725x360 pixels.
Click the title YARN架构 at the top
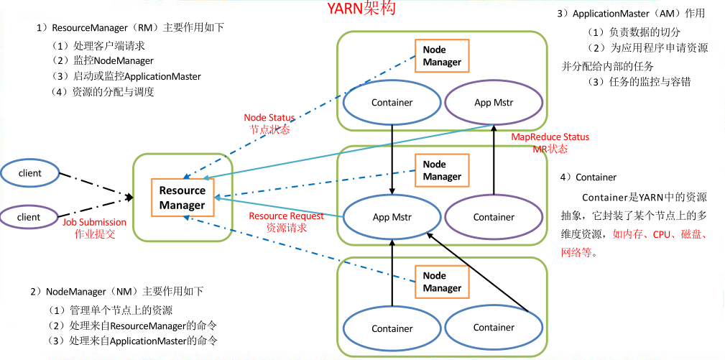tap(361, 9)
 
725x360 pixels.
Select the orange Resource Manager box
tap(183, 198)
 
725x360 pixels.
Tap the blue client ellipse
tap(29, 173)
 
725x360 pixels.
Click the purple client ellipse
tap(29, 216)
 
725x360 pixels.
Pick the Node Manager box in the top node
tap(442, 56)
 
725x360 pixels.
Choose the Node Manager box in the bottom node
tap(442, 282)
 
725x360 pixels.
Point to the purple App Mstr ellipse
tap(494, 102)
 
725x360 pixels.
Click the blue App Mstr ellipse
tap(392, 216)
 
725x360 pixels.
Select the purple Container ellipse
tap(494, 216)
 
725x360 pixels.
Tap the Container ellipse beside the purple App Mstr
tap(392, 102)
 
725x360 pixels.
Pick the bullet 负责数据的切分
tap(634, 32)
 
